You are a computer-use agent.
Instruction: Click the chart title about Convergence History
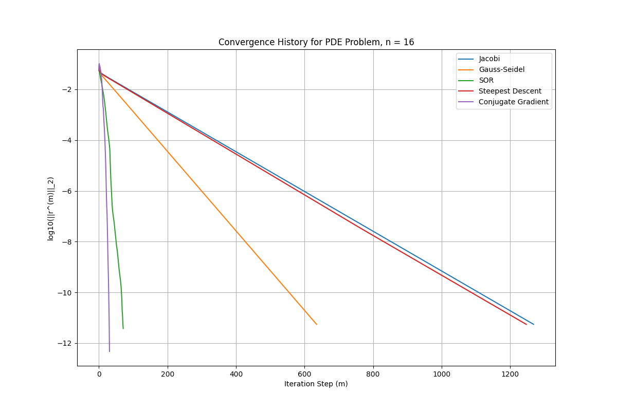coord(316,42)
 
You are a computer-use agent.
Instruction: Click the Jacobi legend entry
coord(489,59)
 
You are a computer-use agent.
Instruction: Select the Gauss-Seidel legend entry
coord(501,69)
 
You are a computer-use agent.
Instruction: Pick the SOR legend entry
coord(486,80)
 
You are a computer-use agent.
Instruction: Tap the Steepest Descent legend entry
coord(510,91)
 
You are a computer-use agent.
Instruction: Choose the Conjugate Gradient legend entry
coord(513,102)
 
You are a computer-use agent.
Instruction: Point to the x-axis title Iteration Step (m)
coord(316,384)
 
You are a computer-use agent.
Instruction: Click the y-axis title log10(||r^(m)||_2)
coord(51,209)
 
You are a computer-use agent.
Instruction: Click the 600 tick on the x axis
coord(304,374)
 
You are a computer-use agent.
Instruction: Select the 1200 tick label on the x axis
coord(510,374)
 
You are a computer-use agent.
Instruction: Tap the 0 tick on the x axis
coord(99,374)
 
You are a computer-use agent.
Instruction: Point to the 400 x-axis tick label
coord(236,374)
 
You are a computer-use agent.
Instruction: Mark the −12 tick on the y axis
coord(67,343)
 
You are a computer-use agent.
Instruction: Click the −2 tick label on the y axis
coord(69,89)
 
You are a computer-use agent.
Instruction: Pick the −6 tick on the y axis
coord(69,191)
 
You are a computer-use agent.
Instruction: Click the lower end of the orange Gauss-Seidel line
coord(316,324)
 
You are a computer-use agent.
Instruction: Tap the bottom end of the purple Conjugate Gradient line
coord(110,351)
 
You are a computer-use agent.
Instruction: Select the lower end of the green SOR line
coord(123,328)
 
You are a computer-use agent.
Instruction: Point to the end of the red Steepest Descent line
coord(526,324)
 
